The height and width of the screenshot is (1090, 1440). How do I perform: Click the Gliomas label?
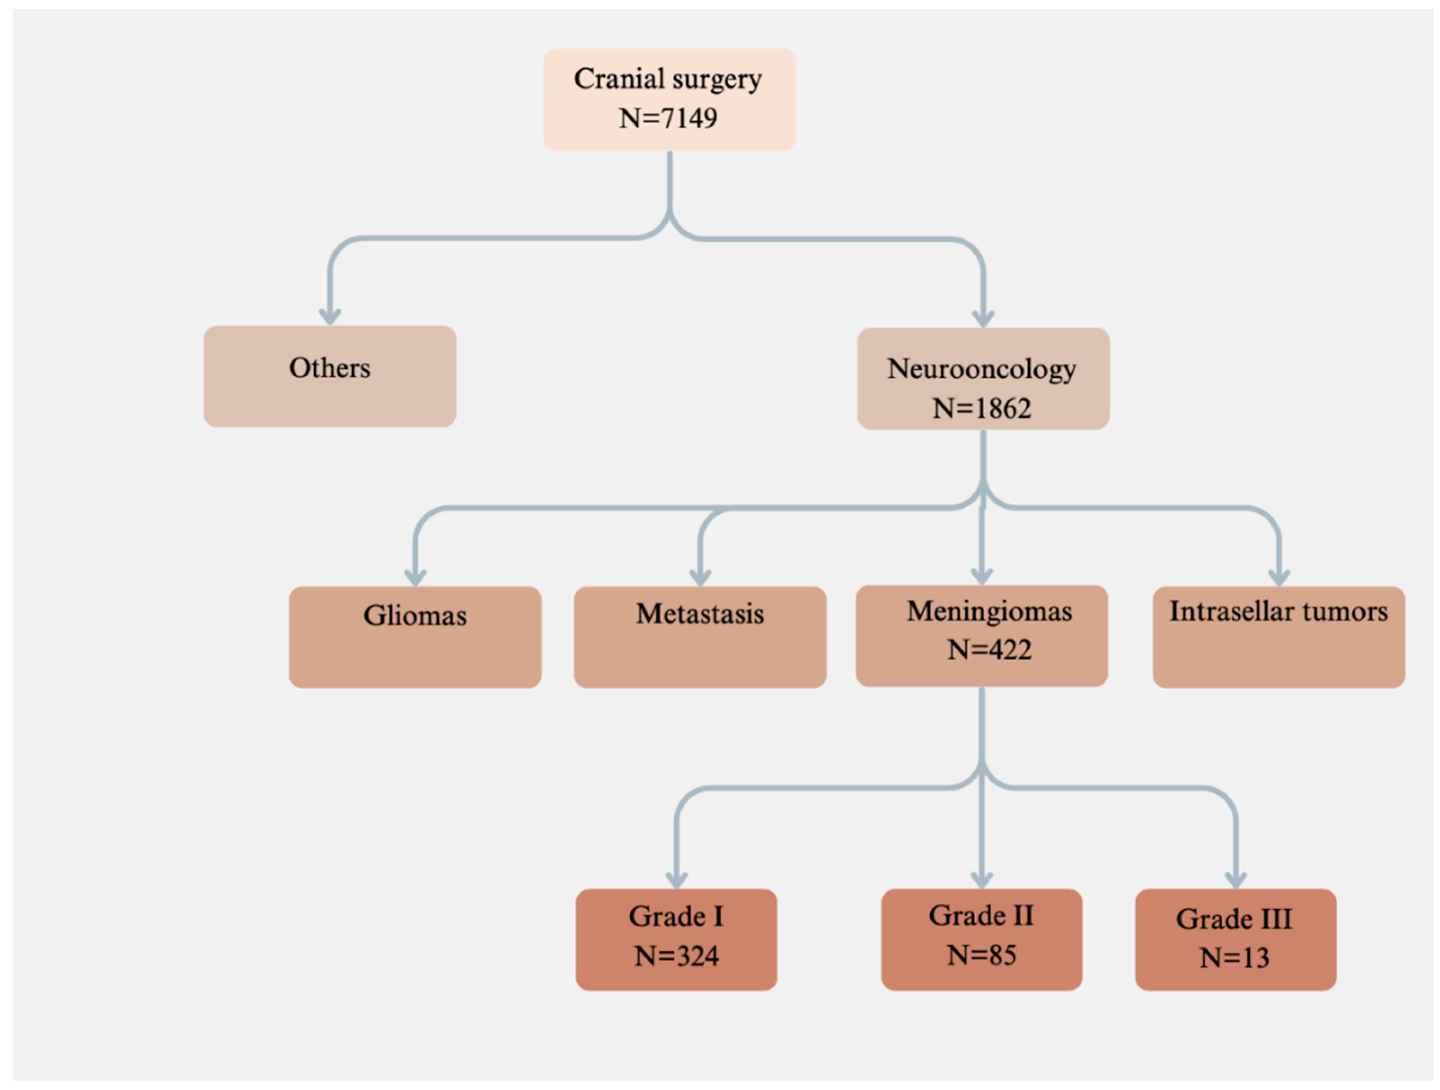click(x=415, y=616)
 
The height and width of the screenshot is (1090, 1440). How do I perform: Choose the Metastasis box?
click(x=700, y=636)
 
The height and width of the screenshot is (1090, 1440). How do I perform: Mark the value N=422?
click(x=989, y=650)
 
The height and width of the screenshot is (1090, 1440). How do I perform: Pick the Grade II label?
click(x=981, y=916)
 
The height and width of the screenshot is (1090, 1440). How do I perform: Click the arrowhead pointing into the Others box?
click(x=330, y=317)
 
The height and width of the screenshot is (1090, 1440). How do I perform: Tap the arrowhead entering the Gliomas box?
click(x=415, y=577)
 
